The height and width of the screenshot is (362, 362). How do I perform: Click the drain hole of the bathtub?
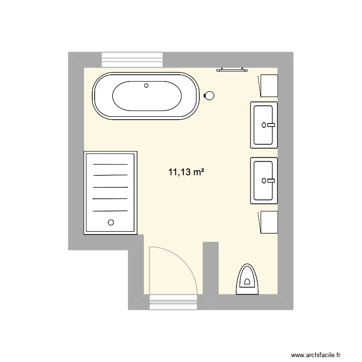[x=147, y=86]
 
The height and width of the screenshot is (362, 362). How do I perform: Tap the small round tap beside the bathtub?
[x=209, y=96]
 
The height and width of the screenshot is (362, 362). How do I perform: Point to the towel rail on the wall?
[x=233, y=70]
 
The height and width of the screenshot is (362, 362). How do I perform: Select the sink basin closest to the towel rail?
[x=264, y=125]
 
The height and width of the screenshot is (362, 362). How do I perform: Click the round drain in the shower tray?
[x=111, y=223]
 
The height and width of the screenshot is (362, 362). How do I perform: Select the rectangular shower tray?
[x=111, y=193]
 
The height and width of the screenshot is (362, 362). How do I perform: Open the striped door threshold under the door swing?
[x=174, y=302]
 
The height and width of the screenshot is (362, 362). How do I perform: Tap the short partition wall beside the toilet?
[x=211, y=268]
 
